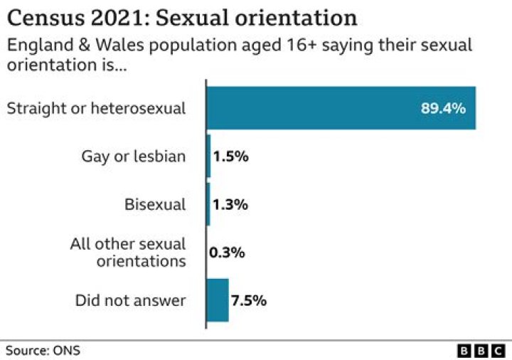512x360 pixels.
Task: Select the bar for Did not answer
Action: click(218, 300)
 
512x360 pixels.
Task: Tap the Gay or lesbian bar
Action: click(208, 157)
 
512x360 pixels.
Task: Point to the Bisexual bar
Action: click(208, 204)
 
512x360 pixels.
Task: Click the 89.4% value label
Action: click(443, 109)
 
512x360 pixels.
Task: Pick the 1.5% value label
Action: click(230, 157)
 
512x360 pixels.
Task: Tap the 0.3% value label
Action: click(227, 253)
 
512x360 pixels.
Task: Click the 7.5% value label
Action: click(248, 300)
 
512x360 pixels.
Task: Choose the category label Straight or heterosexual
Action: click(95, 109)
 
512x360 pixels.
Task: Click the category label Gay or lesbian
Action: click(134, 157)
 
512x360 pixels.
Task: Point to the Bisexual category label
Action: click(155, 205)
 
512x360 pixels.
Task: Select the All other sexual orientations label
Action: click(128, 253)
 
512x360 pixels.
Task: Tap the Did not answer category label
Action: click(130, 300)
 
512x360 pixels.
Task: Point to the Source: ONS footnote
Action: click(43, 350)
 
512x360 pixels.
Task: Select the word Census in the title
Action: click(39, 18)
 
